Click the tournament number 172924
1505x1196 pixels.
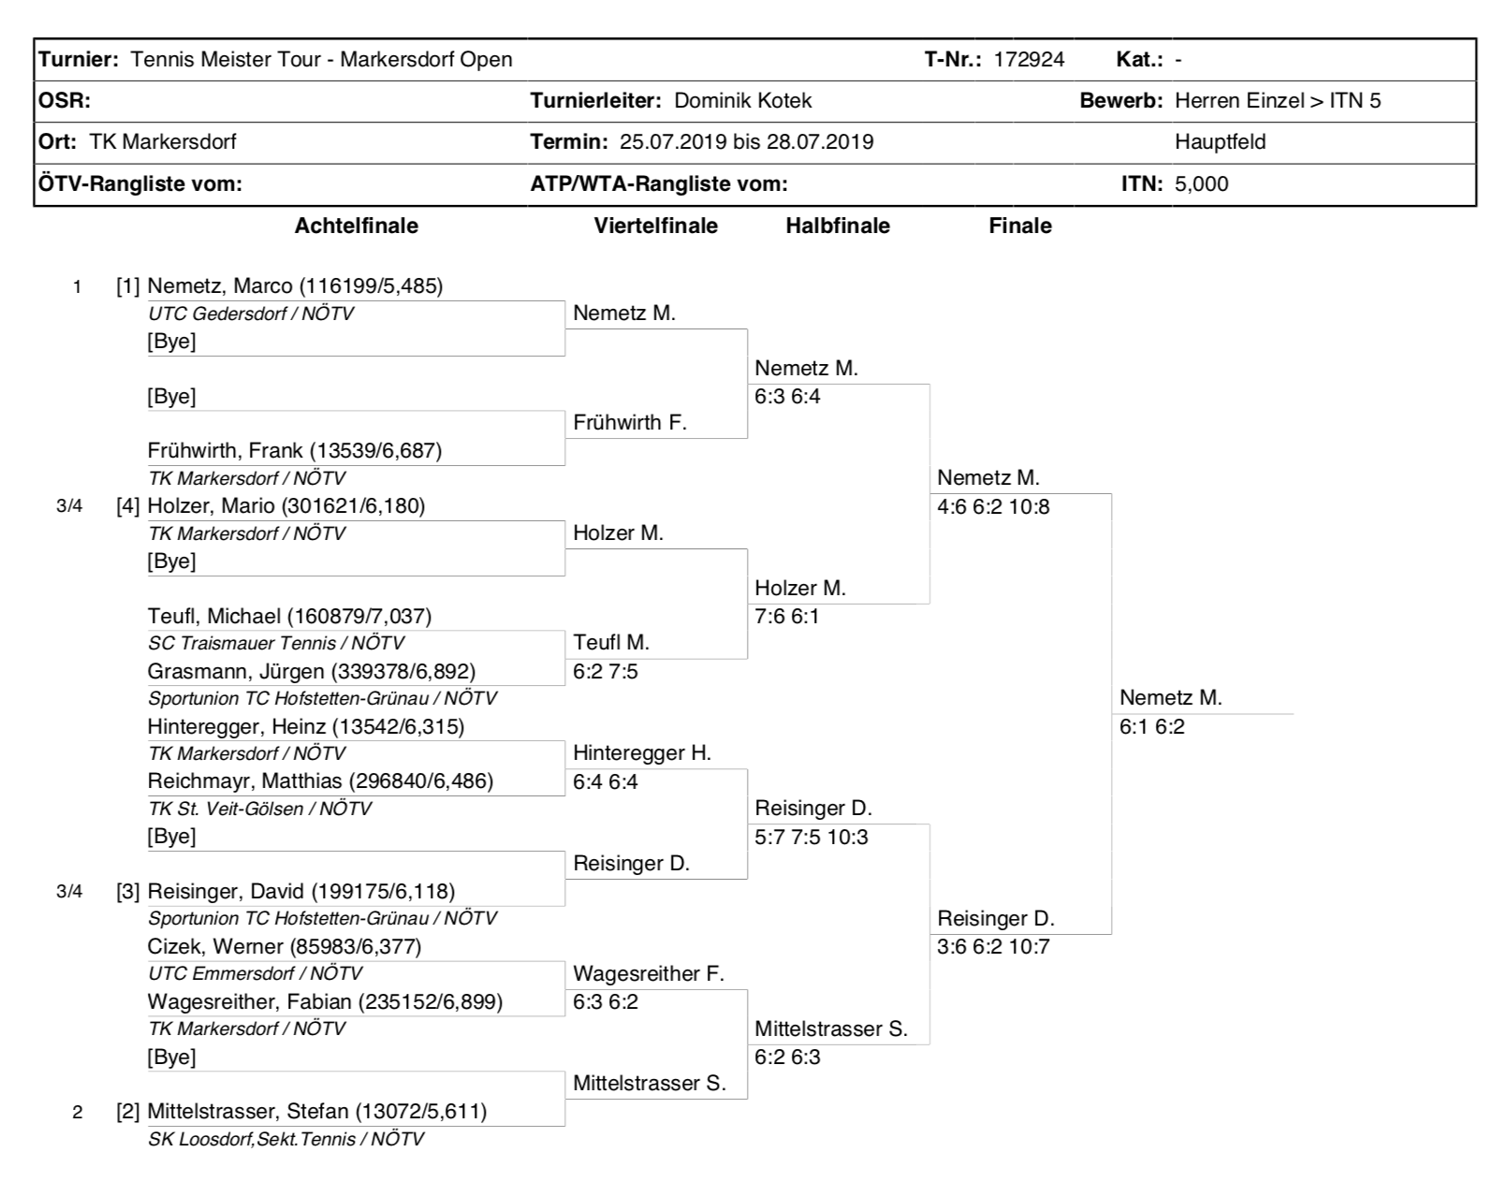[x=1029, y=60]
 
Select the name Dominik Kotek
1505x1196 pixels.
[x=742, y=101]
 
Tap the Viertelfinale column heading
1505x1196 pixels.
[x=655, y=226]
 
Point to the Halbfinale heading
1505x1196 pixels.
[x=838, y=226]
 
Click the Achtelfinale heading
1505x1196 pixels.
[x=356, y=226]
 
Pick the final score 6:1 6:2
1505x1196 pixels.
[x=1152, y=727]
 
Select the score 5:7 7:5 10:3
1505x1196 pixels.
[x=811, y=837]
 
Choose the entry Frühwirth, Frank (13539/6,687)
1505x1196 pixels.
[x=295, y=450]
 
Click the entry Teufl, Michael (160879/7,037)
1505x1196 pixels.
[x=289, y=616]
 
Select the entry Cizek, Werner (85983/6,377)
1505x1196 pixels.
[x=285, y=946]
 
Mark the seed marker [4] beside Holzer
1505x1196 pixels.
[x=127, y=506]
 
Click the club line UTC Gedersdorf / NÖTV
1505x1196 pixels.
[x=251, y=314]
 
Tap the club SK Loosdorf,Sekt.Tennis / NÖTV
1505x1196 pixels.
[x=285, y=1140]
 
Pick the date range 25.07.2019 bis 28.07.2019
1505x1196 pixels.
[x=746, y=142]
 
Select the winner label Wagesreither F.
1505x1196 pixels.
[x=649, y=974]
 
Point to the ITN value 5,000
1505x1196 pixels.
[x=1202, y=184]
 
